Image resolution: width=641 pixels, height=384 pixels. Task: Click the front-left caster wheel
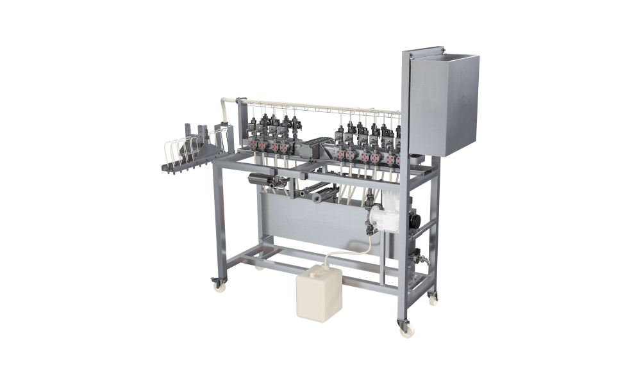tap(219, 285)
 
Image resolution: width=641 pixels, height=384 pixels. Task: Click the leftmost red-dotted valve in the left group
tap(255, 145)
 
